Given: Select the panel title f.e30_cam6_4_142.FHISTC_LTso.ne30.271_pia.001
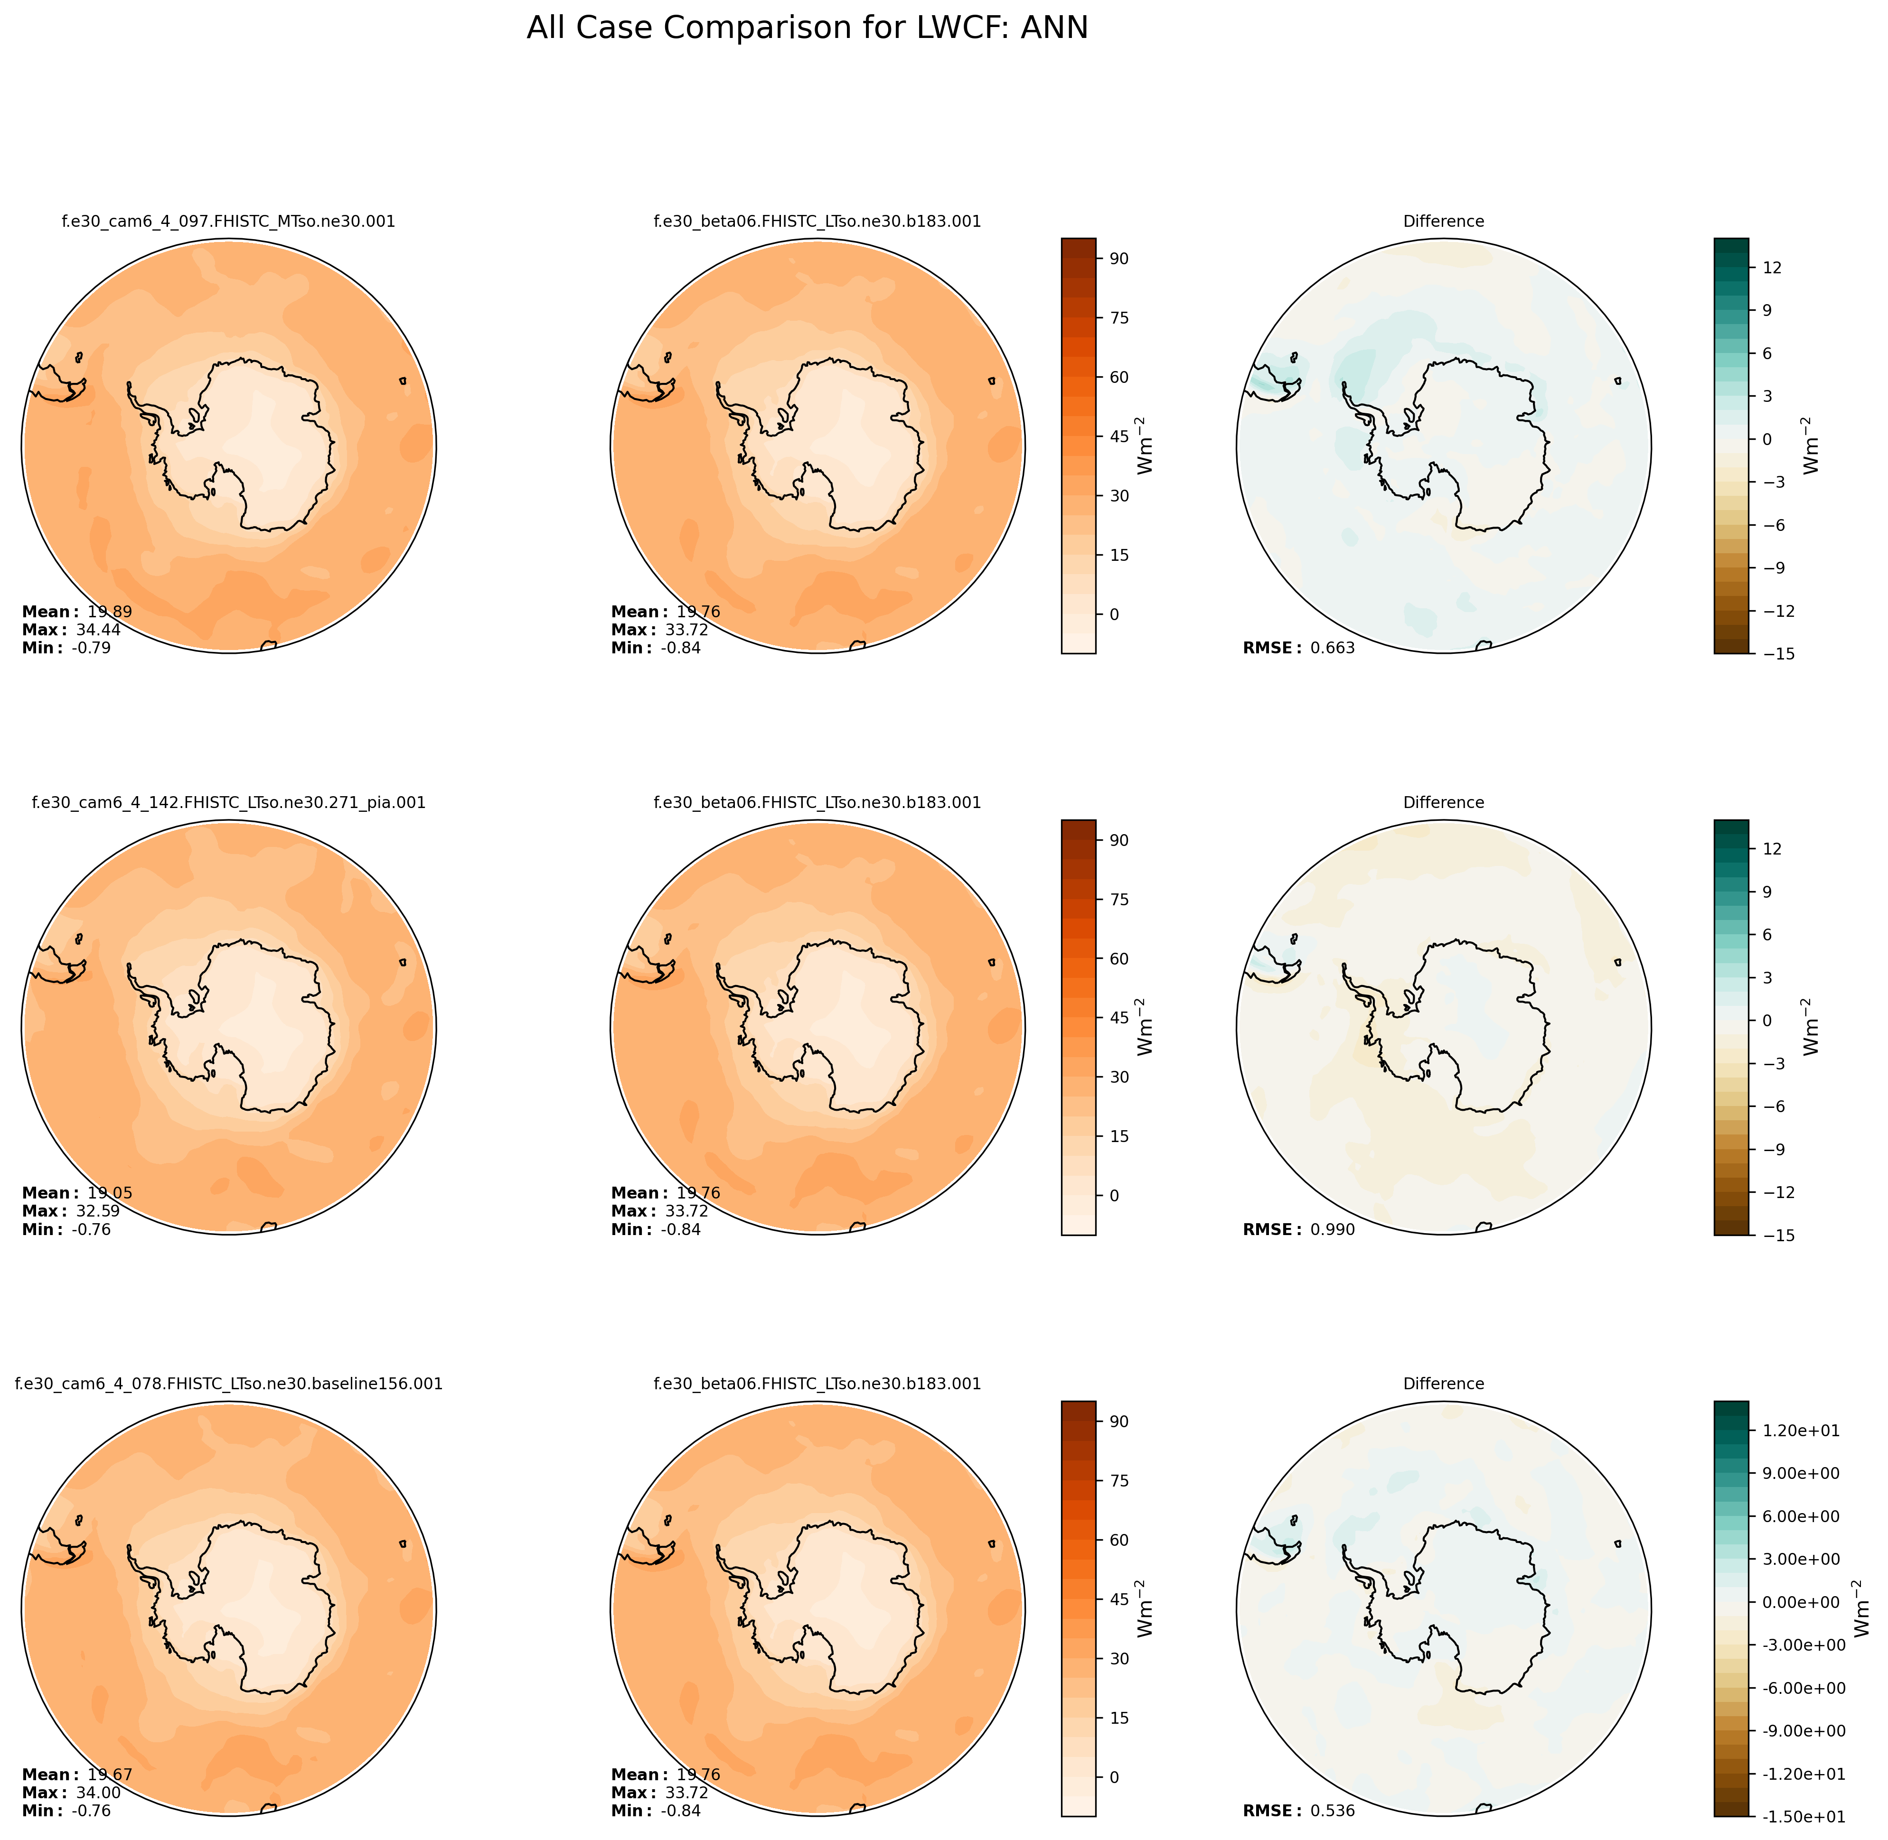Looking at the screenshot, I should click(x=228, y=803).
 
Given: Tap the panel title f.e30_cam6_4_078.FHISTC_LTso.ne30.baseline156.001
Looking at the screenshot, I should click(x=228, y=1384).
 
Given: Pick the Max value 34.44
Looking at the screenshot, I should click(x=98, y=630).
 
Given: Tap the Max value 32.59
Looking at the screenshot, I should click(x=98, y=1212).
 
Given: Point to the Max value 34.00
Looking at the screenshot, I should click(x=98, y=1793).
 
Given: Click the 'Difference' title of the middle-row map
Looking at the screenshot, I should click(x=1443, y=803).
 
